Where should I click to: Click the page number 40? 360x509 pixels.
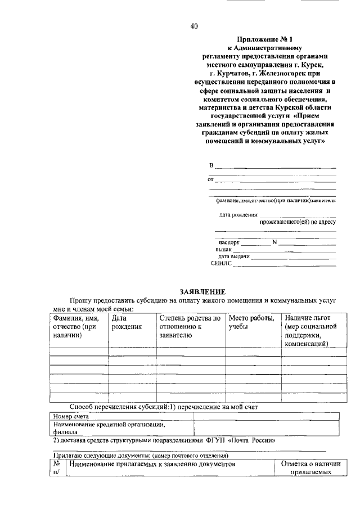(x=194, y=25)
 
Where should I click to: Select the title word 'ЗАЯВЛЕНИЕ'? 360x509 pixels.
(x=202, y=291)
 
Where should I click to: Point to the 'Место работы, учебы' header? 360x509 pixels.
(x=251, y=322)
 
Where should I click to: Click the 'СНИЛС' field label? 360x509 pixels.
(x=221, y=263)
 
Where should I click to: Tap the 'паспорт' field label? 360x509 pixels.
(x=229, y=242)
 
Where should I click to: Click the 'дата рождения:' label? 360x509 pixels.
(x=238, y=214)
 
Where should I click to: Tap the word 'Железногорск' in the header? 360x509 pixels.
(x=275, y=73)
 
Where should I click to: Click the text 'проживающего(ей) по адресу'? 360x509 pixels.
(x=298, y=222)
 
